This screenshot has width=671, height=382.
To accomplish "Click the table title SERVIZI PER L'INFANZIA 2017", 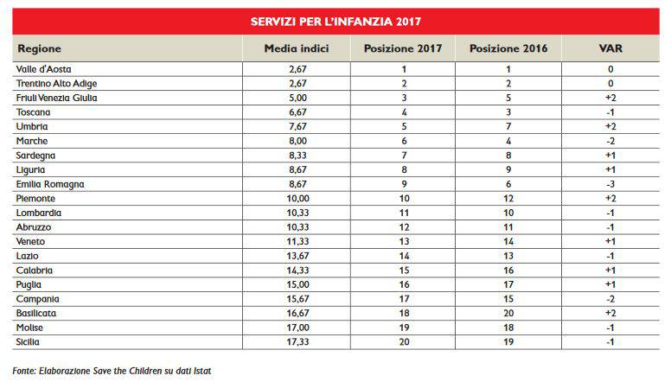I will click(x=335, y=20).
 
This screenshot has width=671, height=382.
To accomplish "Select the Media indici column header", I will click(x=297, y=48).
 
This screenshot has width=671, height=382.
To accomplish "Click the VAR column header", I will click(x=610, y=48).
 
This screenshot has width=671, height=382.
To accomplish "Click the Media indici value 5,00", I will click(x=297, y=98).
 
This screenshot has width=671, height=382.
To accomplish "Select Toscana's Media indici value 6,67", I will click(x=297, y=112).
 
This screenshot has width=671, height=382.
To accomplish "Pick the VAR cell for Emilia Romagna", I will click(x=610, y=184).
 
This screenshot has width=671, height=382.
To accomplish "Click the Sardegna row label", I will click(x=36, y=156).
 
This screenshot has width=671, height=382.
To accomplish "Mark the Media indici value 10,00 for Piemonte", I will click(x=297, y=198).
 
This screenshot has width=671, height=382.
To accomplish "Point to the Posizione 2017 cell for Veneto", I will click(x=403, y=241).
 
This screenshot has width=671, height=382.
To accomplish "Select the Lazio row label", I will click(x=29, y=256).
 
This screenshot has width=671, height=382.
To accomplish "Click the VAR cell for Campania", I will click(x=610, y=298).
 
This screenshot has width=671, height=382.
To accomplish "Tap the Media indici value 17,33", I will click(x=297, y=341).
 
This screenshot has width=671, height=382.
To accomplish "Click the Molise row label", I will click(x=32, y=328).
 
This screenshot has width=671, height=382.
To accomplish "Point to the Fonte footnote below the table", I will click(x=112, y=370).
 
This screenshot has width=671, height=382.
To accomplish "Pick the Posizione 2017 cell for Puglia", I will click(x=403, y=284).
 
